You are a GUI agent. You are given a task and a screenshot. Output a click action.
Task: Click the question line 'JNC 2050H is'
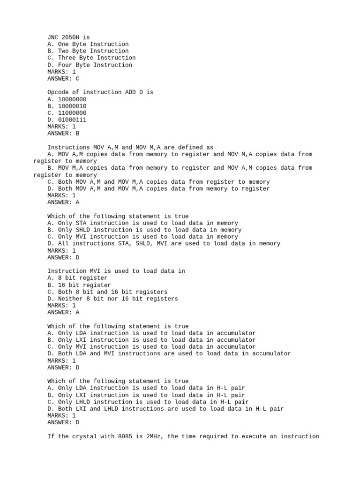click(68, 37)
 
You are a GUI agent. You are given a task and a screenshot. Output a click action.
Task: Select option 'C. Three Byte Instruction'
click(91, 58)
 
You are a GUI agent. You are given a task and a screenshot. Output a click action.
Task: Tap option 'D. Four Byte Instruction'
click(90, 65)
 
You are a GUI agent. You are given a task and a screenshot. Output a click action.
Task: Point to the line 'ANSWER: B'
click(63, 133)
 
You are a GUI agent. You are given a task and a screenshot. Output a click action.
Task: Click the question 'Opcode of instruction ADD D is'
click(100, 92)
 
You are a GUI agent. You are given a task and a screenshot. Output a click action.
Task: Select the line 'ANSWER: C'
click(63, 78)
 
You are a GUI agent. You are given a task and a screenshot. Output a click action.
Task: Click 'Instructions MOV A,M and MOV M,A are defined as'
click(130, 147)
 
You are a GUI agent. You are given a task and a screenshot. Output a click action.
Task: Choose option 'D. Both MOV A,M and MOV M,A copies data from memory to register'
click(158, 188)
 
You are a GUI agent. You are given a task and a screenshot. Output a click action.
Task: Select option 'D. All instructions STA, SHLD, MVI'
click(164, 243)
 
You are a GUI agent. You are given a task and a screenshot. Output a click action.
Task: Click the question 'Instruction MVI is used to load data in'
click(116, 271)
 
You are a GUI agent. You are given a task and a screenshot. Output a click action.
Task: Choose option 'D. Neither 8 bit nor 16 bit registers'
click(112, 299)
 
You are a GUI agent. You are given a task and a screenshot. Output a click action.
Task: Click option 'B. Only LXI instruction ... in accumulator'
click(151, 340)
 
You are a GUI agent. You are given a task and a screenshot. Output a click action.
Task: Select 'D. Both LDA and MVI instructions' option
click(169, 353)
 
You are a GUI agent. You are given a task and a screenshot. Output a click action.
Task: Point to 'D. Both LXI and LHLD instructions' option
click(165, 409)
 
